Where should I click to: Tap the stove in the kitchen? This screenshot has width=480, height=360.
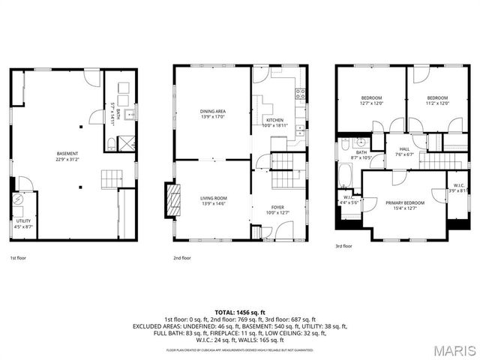point(300,94)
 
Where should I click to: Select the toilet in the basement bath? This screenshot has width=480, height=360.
point(111,143)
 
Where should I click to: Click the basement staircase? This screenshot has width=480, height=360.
point(111,179)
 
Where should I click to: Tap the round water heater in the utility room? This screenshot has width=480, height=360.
point(17,201)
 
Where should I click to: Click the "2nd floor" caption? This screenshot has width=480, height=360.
point(181,258)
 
